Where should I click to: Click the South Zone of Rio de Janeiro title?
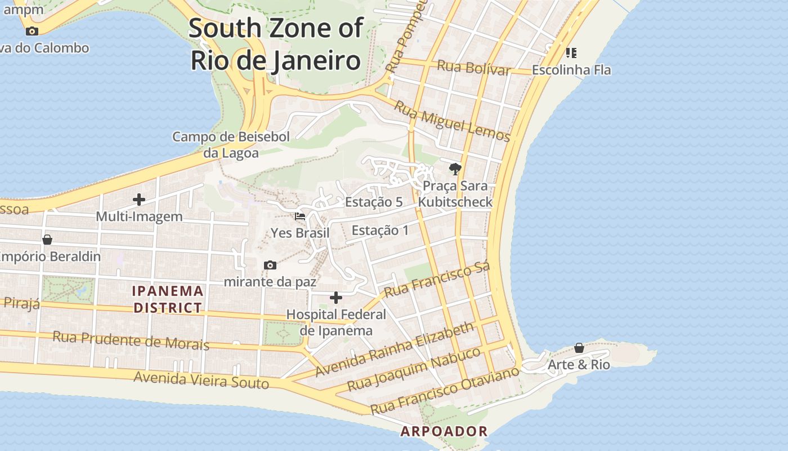tap(275, 44)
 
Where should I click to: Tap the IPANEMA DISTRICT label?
tap(168, 299)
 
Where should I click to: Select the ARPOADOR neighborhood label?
tap(444, 432)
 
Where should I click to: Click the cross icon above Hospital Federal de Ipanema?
tap(336, 298)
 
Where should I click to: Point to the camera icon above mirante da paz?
tap(270, 265)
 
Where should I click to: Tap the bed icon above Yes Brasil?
tap(300, 216)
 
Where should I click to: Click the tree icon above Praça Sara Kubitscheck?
tap(455, 169)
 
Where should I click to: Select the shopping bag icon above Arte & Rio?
tap(579, 348)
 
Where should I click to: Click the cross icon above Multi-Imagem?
tap(139, 200)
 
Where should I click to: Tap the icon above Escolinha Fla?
tap(571, 53)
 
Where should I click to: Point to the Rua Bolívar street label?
tap(473, 68)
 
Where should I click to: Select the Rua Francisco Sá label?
tap(437, 279)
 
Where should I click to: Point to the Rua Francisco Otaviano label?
tap(444, 391)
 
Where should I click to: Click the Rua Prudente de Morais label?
tap(131, 340)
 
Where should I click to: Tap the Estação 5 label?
tap(374, 202)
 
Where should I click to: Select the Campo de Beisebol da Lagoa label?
tap(231, 145)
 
